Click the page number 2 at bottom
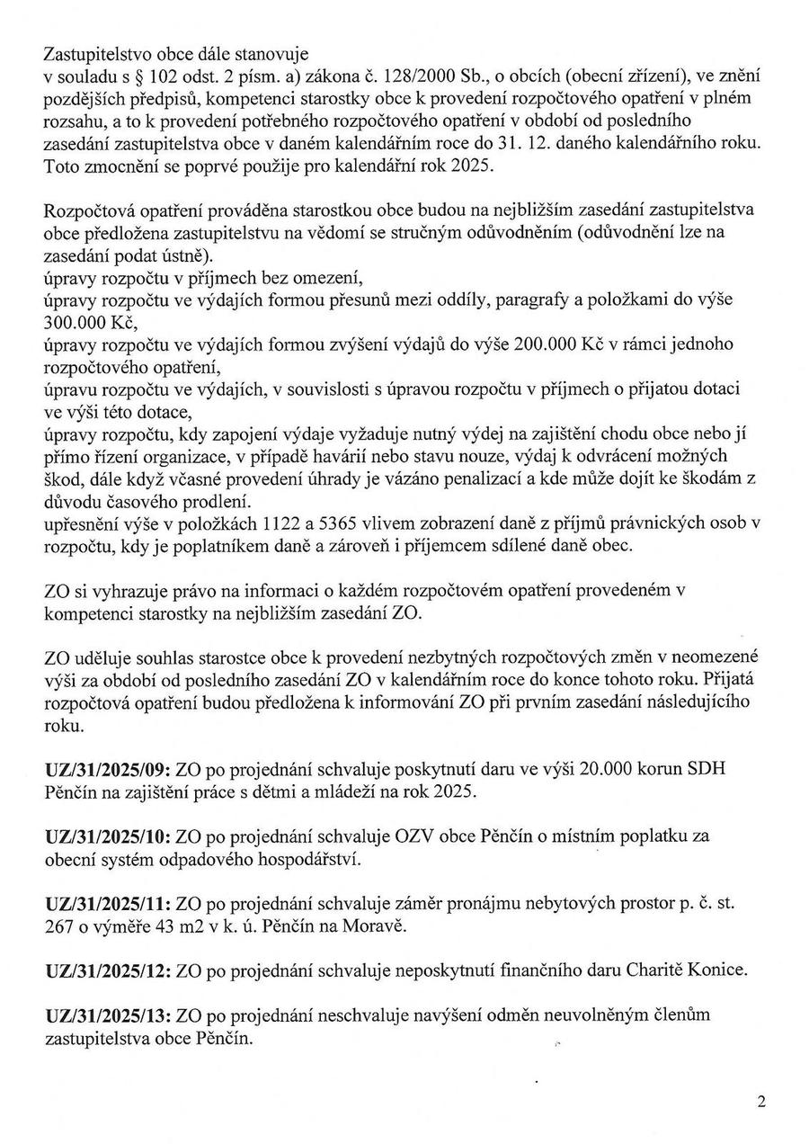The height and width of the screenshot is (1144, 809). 761,1101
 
